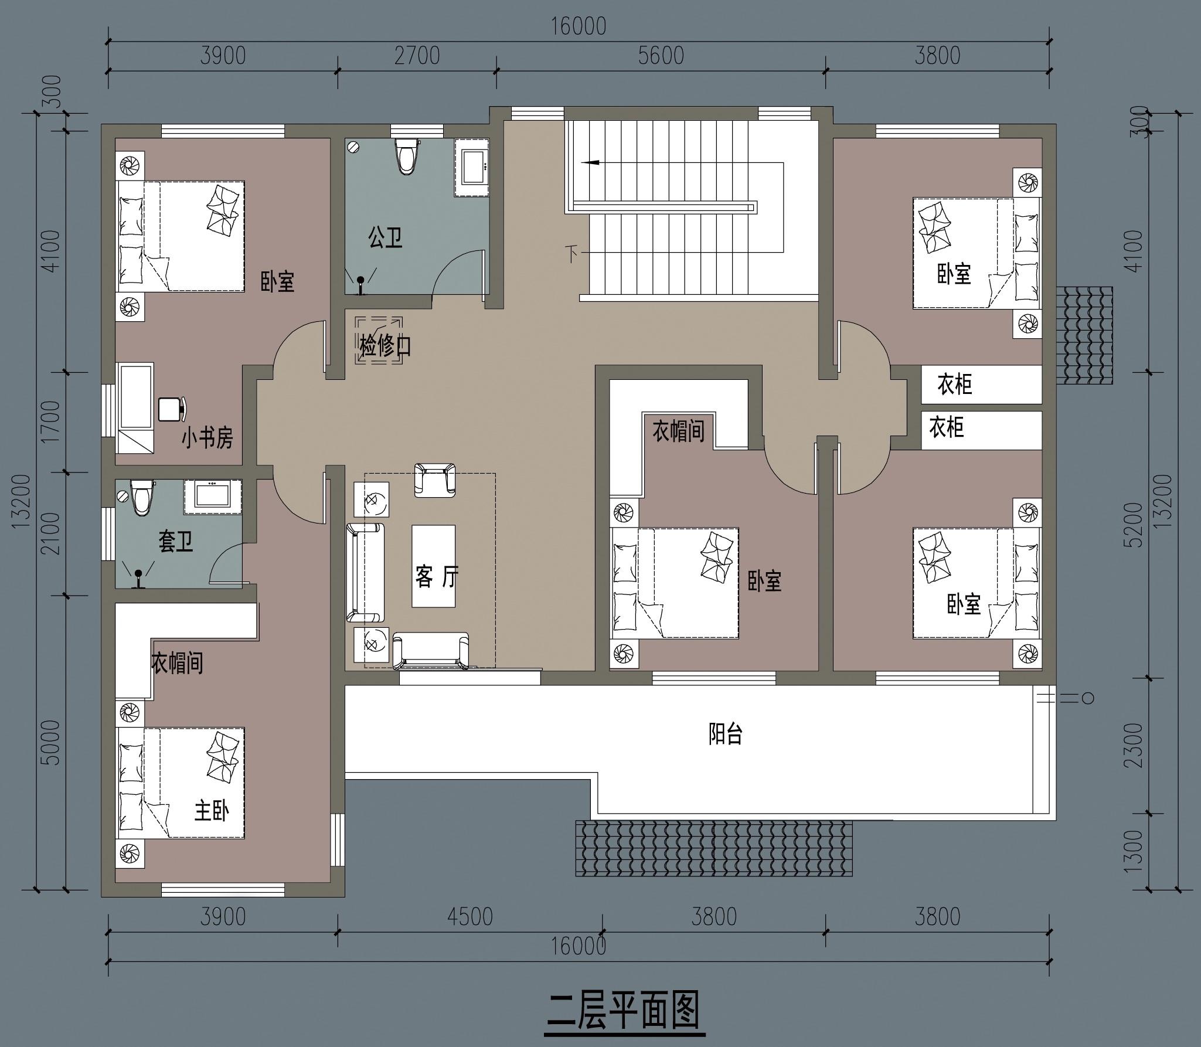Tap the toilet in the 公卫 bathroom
point(407,156)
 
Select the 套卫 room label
point(176,542)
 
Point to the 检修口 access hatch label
point(385,346)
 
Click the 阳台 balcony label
point(726,733)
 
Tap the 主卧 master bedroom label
point(212,811)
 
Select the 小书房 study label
point(207,438)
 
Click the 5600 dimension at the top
point(661,56)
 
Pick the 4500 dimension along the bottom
point(470,916)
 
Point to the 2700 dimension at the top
point(417,56)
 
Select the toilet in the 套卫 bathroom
point(141,497)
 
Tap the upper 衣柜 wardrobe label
point(954,385)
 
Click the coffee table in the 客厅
point(434,566)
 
